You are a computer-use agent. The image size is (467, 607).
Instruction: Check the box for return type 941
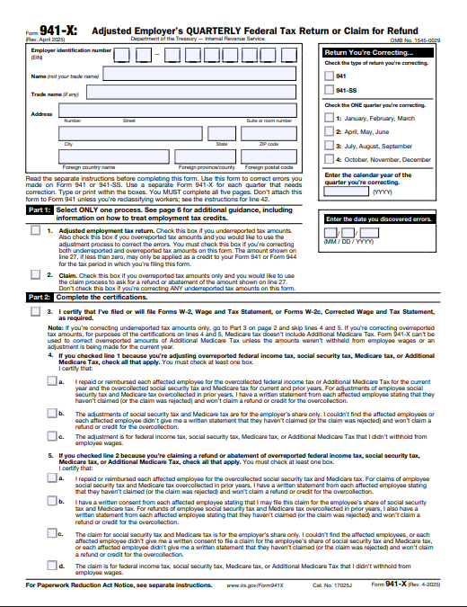tap(329, 76)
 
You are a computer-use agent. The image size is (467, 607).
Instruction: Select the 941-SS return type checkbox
tap(329, 91)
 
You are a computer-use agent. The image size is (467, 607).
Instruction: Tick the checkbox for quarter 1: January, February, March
tap(329, 118)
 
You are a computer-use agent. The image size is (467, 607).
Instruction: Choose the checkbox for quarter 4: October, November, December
tap(329, 158)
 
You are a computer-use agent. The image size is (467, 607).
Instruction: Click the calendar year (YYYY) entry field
tap(346, 192)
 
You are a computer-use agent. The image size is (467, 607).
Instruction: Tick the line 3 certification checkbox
tap(34, 312)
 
